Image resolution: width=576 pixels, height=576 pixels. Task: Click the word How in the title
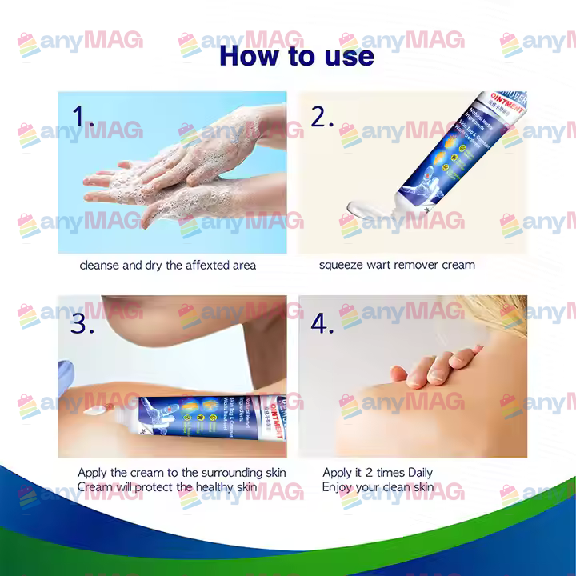click(250, 56)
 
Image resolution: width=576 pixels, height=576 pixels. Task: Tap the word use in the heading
click(345, 56)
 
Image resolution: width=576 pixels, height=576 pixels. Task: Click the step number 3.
click(82, 323)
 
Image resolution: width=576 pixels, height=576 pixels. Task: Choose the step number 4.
click(322, 323)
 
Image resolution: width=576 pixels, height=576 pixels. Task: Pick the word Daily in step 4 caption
click(415, 473)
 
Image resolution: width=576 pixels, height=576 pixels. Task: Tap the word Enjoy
click(338, 486)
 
